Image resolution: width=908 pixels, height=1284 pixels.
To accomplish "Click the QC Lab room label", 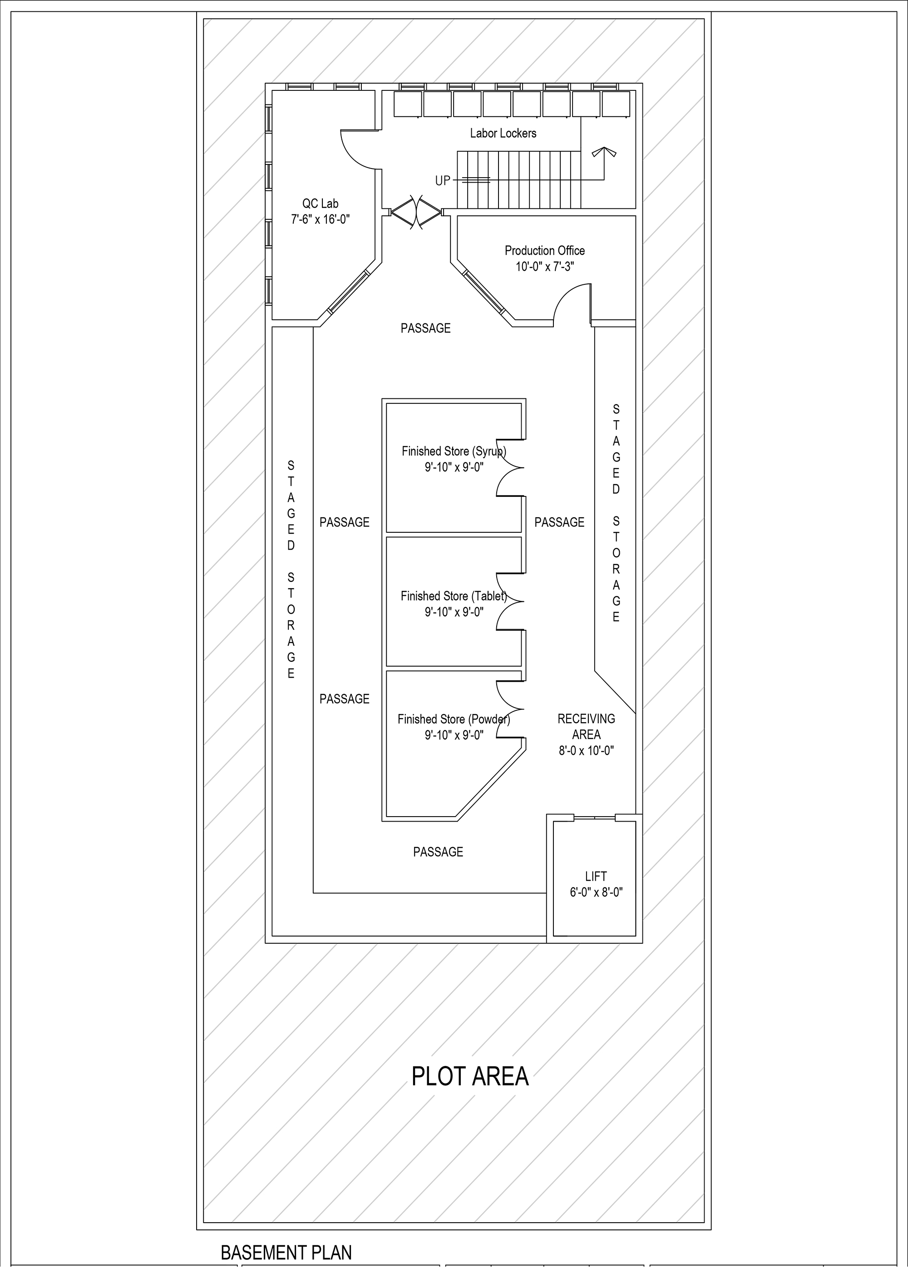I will tap(321, 204).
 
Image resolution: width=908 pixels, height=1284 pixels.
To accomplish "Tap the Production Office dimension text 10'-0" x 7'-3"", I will tap(545, 267).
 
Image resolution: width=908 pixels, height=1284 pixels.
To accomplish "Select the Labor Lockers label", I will tap(503, 133).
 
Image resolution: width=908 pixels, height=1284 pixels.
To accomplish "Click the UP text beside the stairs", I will tap(442, 181).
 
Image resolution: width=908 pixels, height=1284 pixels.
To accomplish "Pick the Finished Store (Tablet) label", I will tap(454, 596).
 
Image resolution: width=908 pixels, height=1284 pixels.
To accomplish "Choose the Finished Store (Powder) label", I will tap(454, 719).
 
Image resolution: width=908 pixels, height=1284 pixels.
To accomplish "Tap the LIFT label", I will tap(596, 876).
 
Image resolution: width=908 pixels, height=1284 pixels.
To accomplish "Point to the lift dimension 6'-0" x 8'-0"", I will tap(596, 892).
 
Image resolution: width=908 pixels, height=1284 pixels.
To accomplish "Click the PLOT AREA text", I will tap(469, 1076).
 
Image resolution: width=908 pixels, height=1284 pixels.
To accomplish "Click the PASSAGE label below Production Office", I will tap(425, 328).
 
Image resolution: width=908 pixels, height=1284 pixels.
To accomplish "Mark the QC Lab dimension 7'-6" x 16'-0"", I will tap(321, 219).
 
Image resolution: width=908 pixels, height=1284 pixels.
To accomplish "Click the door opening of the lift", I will tap(595, 818).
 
